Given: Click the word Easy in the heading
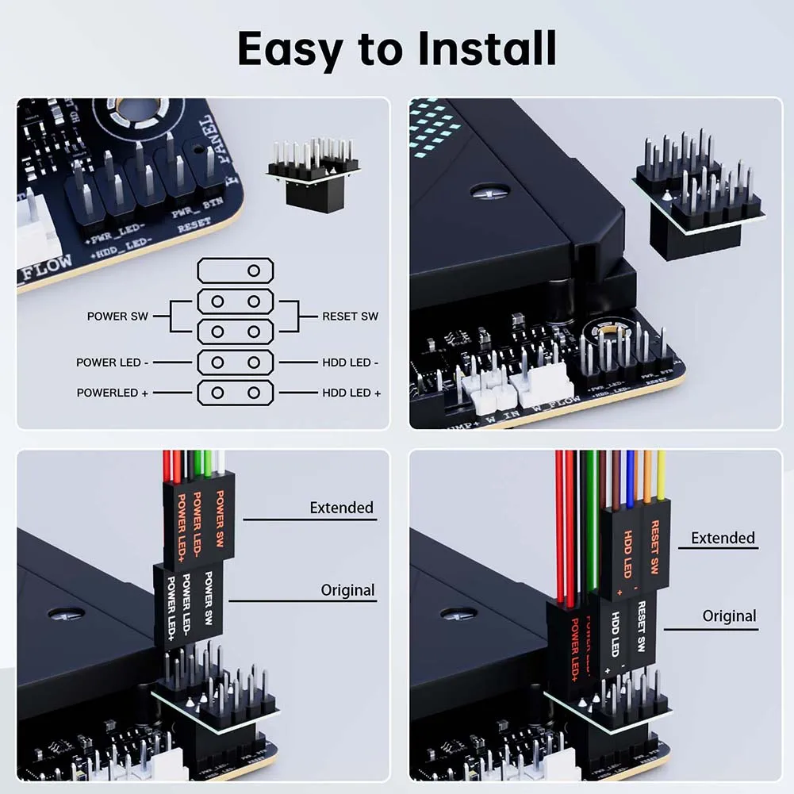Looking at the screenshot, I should point(290,49).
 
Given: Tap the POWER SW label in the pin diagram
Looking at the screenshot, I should point(117,316).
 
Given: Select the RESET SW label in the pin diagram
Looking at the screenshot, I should point(350,316).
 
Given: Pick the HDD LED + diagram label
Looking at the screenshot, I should point(351,393).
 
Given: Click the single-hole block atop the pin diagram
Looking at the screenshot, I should point(236,270).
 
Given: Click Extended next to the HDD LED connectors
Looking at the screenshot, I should point(723,538).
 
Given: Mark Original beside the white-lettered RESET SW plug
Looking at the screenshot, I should point(729,616).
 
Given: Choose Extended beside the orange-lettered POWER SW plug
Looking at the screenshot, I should point(341,508).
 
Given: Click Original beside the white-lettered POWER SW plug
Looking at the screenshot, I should point(347,590).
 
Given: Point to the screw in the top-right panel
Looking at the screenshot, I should point(483,190).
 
